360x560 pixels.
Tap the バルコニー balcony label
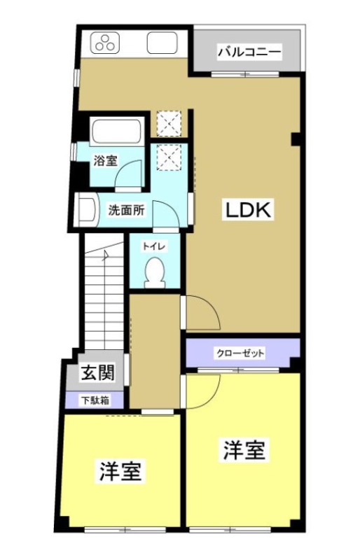click(x=249, y=51)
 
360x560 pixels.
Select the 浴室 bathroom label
click(x=105, y=160)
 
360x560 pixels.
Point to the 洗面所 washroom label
click(x=126, y=209)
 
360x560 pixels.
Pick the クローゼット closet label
click(x=240, y=353)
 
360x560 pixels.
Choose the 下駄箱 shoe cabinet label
click(x=94, y=401)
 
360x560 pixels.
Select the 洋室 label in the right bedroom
click(x=244, y=450)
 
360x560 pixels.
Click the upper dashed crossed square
click(x=168, y=124)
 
